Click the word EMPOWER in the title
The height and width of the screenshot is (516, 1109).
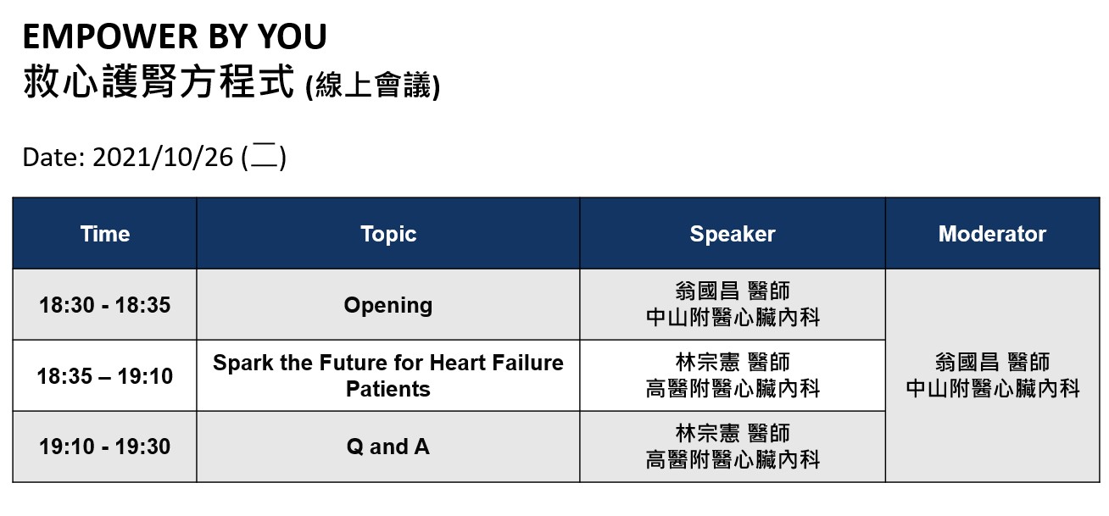(x=111, y=36)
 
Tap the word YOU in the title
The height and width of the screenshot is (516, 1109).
(x=293, y=36)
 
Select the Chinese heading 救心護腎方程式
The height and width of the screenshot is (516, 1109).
(x=159, y=81)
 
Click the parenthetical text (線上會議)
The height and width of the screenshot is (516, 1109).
(x=372, y=85)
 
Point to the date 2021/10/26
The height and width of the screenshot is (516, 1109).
(x=163, y=158)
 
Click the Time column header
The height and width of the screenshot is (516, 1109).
(x=105, y=234)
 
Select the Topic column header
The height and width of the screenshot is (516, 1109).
(x=388, y=234)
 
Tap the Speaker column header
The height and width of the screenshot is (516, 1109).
(x=733, y=234)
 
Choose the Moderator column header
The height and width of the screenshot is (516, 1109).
(x=992, y=234)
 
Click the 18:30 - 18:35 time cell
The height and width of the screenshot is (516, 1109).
(x=105, y=305)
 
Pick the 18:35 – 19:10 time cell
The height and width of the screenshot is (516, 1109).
(x=105, y=376)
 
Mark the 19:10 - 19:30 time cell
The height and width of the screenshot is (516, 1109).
(x=105, y=447)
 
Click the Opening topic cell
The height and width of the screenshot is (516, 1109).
(x=388, y=306)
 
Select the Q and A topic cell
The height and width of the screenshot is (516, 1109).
(x=388, y=447)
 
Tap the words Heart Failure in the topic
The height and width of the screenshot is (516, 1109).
(x=497, y=363)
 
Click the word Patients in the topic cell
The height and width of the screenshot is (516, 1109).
(x=388, y=389)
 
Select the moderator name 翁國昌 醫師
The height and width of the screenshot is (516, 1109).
(x=992, y=362)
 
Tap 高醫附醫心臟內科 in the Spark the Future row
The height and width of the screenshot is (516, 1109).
(x=733, y=388)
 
